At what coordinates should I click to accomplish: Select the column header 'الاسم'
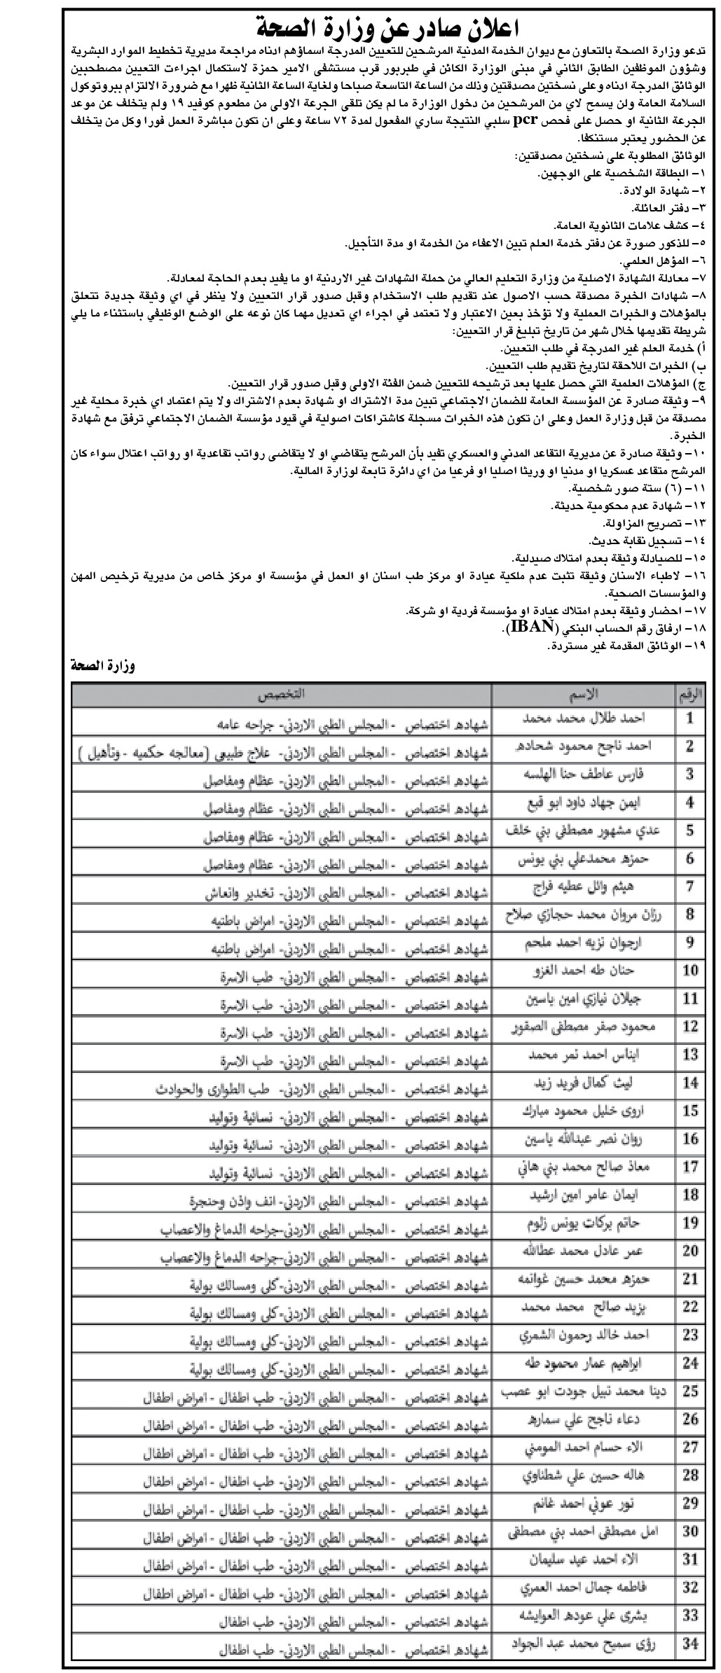[x=583, y=694]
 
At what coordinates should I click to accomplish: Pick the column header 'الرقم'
[x=689, y=694]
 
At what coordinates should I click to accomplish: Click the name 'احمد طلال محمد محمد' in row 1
[x=583, y=719]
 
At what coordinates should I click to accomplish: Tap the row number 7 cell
[x=689, y=887]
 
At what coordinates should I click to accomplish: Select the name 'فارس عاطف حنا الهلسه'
[x=583, y=775]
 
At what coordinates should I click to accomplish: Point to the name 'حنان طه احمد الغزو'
[x=583, y=971]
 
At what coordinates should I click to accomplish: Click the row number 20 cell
[x=689, y=1251]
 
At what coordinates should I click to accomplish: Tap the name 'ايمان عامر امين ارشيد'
[x=583, y=1195]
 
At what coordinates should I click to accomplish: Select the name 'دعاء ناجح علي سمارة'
[x=583, y=1419]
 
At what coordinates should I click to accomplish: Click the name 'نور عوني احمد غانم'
[x=583, y=1504]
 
